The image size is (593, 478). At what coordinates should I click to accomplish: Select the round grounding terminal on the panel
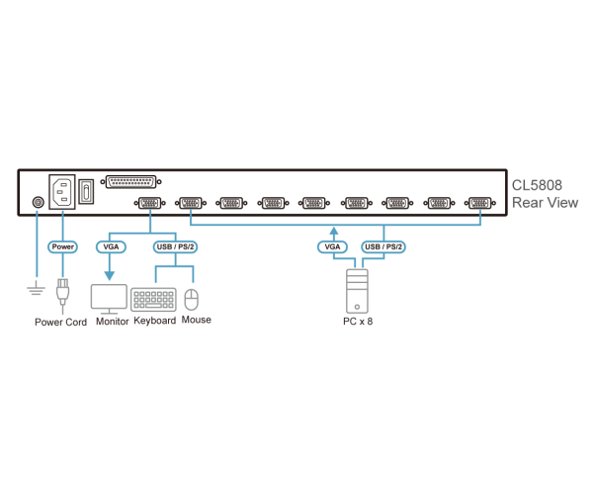tap(38, 202)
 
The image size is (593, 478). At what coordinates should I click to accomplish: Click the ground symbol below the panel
tap(37, 289)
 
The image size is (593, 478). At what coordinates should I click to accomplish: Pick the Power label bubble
tap(62, 246)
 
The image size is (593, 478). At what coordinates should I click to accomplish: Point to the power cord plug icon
tap(62, 293)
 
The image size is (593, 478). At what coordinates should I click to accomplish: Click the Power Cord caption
tap(60, 322)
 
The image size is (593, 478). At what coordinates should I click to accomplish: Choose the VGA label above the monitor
tap(109, 246)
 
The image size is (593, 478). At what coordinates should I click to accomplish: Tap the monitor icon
tap(109, 297)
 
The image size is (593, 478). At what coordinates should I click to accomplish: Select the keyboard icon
tap(153, 299)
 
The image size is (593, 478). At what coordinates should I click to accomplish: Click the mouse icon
tap(192, 299)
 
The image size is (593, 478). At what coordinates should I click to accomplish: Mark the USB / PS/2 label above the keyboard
tap(174, 246)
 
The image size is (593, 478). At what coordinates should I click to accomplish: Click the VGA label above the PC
tap(333, 246)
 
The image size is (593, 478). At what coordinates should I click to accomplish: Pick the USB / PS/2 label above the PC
tap(383, 246)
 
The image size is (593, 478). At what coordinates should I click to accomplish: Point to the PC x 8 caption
tap(357, 322)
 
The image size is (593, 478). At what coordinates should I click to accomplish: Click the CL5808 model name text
tap(537, 185)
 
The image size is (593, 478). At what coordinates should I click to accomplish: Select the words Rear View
tap(545, 203)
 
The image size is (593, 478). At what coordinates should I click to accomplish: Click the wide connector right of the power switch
tap(130, 181)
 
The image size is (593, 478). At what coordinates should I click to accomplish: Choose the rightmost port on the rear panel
tap(480, 202)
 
